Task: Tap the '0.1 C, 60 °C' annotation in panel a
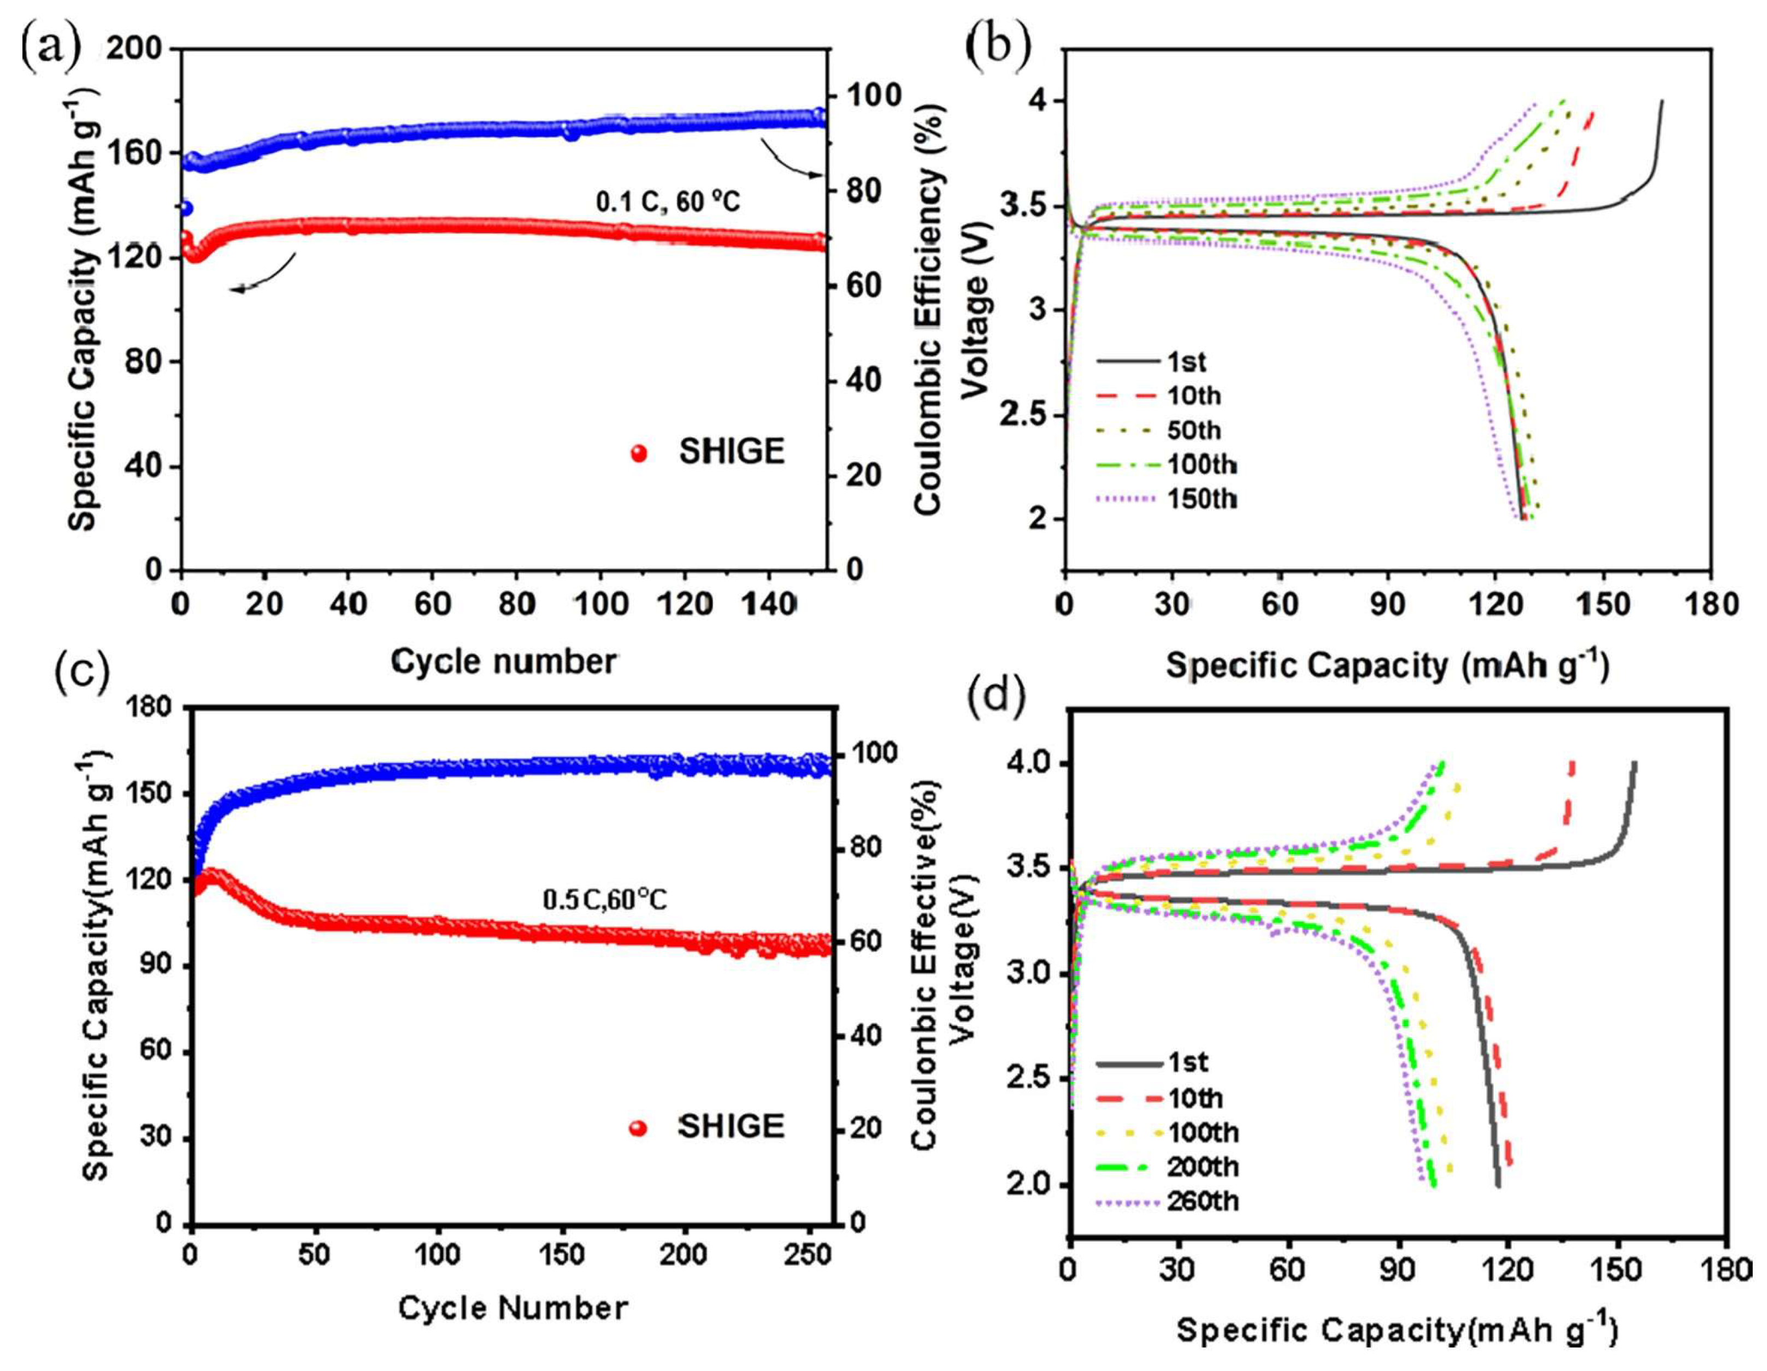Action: [668, 200]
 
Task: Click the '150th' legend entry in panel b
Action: [1202, 499]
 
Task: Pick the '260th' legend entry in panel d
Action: [1203, 1201]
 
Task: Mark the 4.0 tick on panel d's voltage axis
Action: [1029, 764]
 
